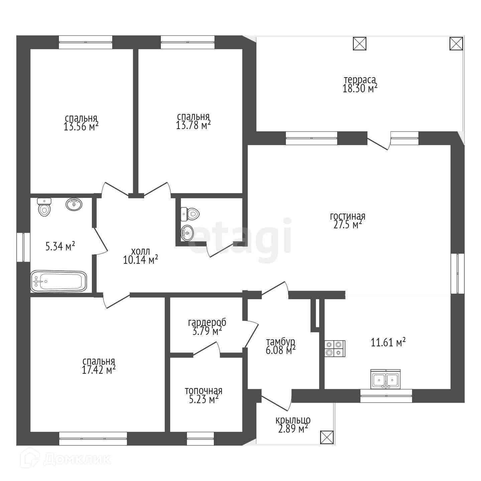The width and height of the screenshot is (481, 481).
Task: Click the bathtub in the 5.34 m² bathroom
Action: pyautogui.click(x=58, y=281)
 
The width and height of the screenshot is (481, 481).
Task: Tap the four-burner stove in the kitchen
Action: pyautogui.click(x=335, y=349)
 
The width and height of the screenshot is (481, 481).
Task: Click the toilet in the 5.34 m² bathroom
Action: pyautogui.click(x=44, y=207)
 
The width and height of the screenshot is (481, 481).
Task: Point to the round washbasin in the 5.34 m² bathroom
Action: pyautogui.click(x=74, y=205)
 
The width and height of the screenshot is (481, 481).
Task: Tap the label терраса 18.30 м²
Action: pyautogui.click(x=360, y=84)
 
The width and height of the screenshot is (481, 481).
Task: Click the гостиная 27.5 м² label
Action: pyautogui.click(x=348, y=220)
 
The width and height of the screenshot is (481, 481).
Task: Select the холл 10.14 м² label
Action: pyautogui.click(x=140, y=256)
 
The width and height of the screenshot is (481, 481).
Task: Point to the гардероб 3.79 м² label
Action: pyautogui.click(x=207, y=327)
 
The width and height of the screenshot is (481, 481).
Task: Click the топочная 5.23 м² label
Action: pyautogui.click(x=204, y=395)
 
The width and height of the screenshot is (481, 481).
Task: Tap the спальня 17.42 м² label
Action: pyautogui.click(x=99, y=366)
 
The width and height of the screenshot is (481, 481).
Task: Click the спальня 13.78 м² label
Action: pyautogui.click(x=193, y=121)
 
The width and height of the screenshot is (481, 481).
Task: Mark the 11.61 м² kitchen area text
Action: pyautogui.click(x=388, y=342)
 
